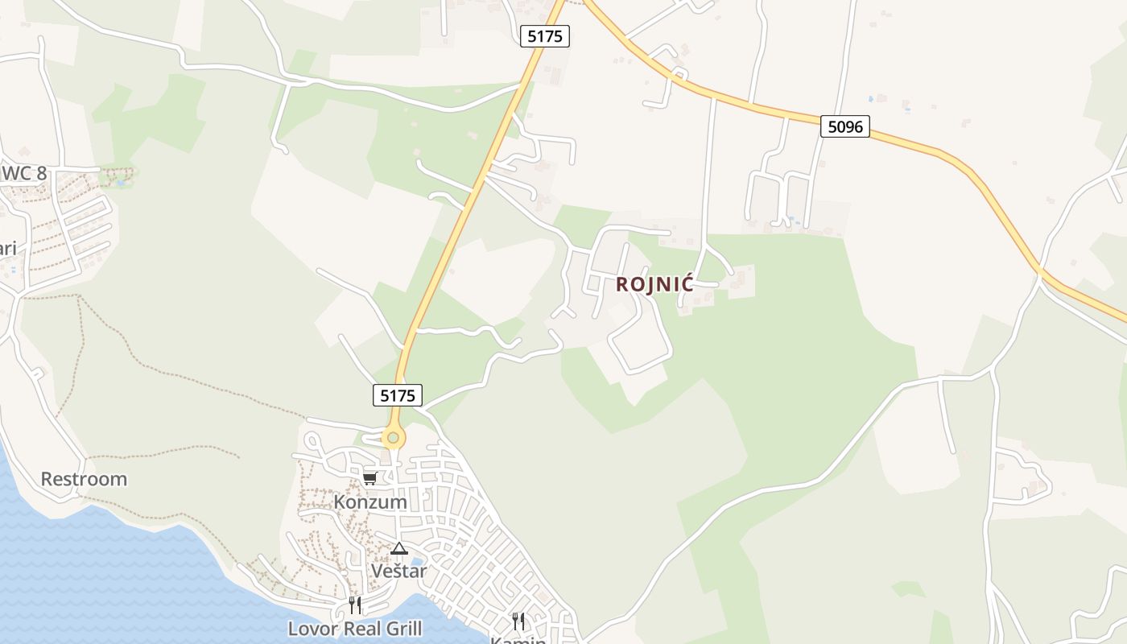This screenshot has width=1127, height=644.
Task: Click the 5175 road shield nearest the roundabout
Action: pyautogui.click(x=398, y=395)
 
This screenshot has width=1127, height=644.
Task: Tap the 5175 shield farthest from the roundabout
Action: pyautogui.click(x=545, y=36)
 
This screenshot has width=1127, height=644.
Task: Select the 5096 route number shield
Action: pyautogui.click(x=845, y=126)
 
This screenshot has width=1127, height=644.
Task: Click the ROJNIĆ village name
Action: pyautogui.click(x=654, y=285)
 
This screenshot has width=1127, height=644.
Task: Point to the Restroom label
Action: pyautogui.click(x=84, y=479)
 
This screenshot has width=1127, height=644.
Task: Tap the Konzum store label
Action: pyautogui.click(x=370, y=502)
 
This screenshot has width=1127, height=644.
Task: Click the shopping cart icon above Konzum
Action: pyautogui.click(x=370, y=479)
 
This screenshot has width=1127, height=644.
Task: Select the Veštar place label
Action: pyautogui.click(x=398, y=571)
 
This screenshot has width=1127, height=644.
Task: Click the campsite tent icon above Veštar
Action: pyautogui.click(x=398, y=549)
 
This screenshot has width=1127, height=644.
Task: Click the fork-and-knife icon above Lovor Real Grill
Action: pyautogui.click(x=355, y=605)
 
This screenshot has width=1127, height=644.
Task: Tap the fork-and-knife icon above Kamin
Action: pyautogui.click(x=518, y=621)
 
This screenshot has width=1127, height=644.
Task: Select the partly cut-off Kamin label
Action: pyautogui.click(x=518, y=639)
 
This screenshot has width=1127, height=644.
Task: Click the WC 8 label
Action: pyautogui.click(x=24, y=173)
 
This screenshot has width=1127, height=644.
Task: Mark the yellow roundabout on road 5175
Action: pyautogui.click(x=392, y=439)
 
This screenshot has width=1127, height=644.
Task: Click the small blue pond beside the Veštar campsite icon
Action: pyautogui.click(x=416, y=560)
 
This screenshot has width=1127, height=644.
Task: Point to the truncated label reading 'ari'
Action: pyautogui.click(x=8, y=248)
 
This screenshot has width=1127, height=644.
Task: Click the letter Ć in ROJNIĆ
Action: pyautogui.click(x=686, y=284)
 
